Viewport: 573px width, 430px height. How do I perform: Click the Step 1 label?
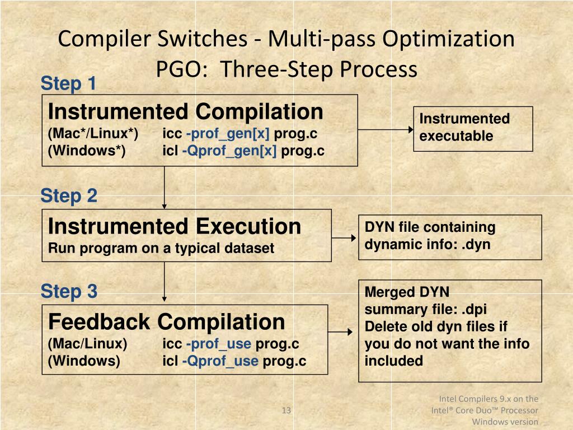(68, 84)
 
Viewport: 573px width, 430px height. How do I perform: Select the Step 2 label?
(68, 196)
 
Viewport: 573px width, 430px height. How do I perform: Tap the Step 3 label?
(68, 291)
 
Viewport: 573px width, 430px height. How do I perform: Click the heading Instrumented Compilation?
(185, 112)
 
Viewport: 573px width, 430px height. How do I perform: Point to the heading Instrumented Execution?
(174, 227)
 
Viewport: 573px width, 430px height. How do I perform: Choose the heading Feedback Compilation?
(166, 322)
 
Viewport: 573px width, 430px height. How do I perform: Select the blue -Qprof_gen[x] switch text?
(229, 151)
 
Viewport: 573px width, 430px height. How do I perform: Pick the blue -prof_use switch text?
(218, 344)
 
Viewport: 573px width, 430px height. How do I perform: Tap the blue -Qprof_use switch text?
(220, 361)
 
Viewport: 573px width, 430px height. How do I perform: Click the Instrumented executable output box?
(473, 128)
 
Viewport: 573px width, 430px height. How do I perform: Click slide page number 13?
(286, 412)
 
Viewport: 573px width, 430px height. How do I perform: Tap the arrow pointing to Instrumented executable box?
(386, 129)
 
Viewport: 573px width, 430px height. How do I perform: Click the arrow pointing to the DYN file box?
(345, 237)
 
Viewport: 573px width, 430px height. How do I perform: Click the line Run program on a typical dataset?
(161, 248)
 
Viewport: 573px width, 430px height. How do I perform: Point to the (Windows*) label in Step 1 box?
(86, 151)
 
